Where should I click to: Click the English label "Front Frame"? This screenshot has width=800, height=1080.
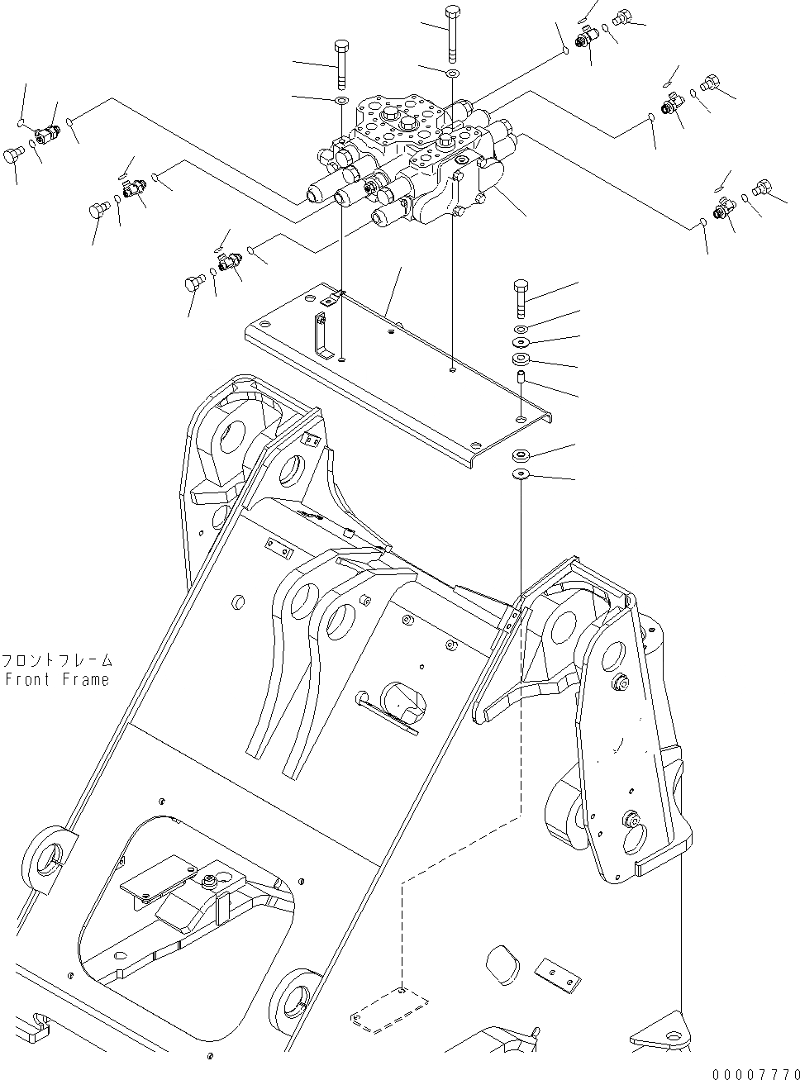coord(56,679)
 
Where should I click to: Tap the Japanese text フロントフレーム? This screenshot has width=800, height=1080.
coord(56,661)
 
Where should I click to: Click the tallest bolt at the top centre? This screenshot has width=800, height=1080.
coord(453,33)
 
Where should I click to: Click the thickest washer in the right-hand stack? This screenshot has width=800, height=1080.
coord(521,359)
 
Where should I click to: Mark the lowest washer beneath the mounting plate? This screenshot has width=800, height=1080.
coord(521,474)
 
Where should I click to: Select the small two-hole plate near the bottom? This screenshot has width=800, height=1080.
coord(555,975)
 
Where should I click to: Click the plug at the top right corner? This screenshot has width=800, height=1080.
coord(626,16)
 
